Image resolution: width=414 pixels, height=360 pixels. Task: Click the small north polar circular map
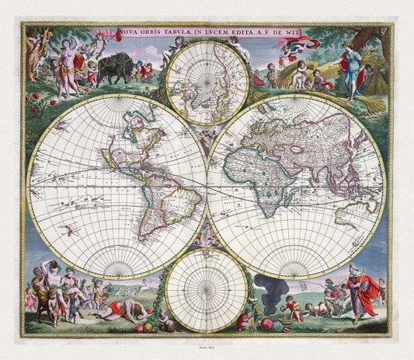tap(207, 82)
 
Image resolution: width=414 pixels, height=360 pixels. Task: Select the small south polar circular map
tap(207, 289)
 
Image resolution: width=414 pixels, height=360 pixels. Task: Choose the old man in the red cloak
tap(361, 292)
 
